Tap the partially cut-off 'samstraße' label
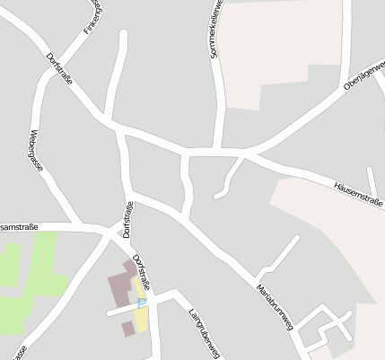19,227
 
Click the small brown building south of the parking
127,329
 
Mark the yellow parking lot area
142,314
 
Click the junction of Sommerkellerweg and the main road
217,149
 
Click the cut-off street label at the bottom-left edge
20,351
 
